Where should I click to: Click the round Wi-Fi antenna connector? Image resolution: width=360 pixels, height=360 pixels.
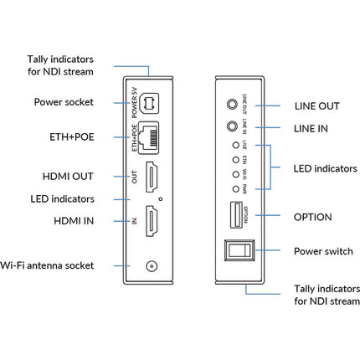[x=152, y=265]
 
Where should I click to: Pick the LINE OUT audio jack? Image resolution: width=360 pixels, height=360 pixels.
[x=232, y=107]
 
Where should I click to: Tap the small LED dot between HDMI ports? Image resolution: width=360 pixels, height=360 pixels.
[x=159, y=199]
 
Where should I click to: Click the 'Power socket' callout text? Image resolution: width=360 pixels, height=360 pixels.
[x=64, y=102]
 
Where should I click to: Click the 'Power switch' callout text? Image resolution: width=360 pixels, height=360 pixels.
[x=326, y=250]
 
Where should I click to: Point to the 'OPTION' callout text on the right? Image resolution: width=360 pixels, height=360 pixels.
[x=313, y=217]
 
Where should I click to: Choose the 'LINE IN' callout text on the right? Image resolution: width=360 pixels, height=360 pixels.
[x=312, y=127]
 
